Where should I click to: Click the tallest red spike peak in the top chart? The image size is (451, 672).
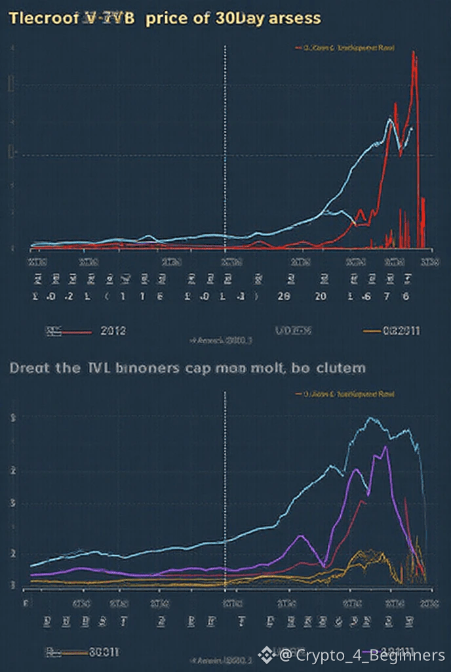414,52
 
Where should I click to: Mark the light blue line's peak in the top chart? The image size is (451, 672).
390,119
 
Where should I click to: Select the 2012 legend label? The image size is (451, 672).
112,331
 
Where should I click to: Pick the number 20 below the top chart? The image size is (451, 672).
321,296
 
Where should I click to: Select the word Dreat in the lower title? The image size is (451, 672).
30,368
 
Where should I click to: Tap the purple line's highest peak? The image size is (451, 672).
387,447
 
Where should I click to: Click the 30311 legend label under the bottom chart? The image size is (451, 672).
104,652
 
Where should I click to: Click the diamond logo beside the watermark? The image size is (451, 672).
266,654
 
